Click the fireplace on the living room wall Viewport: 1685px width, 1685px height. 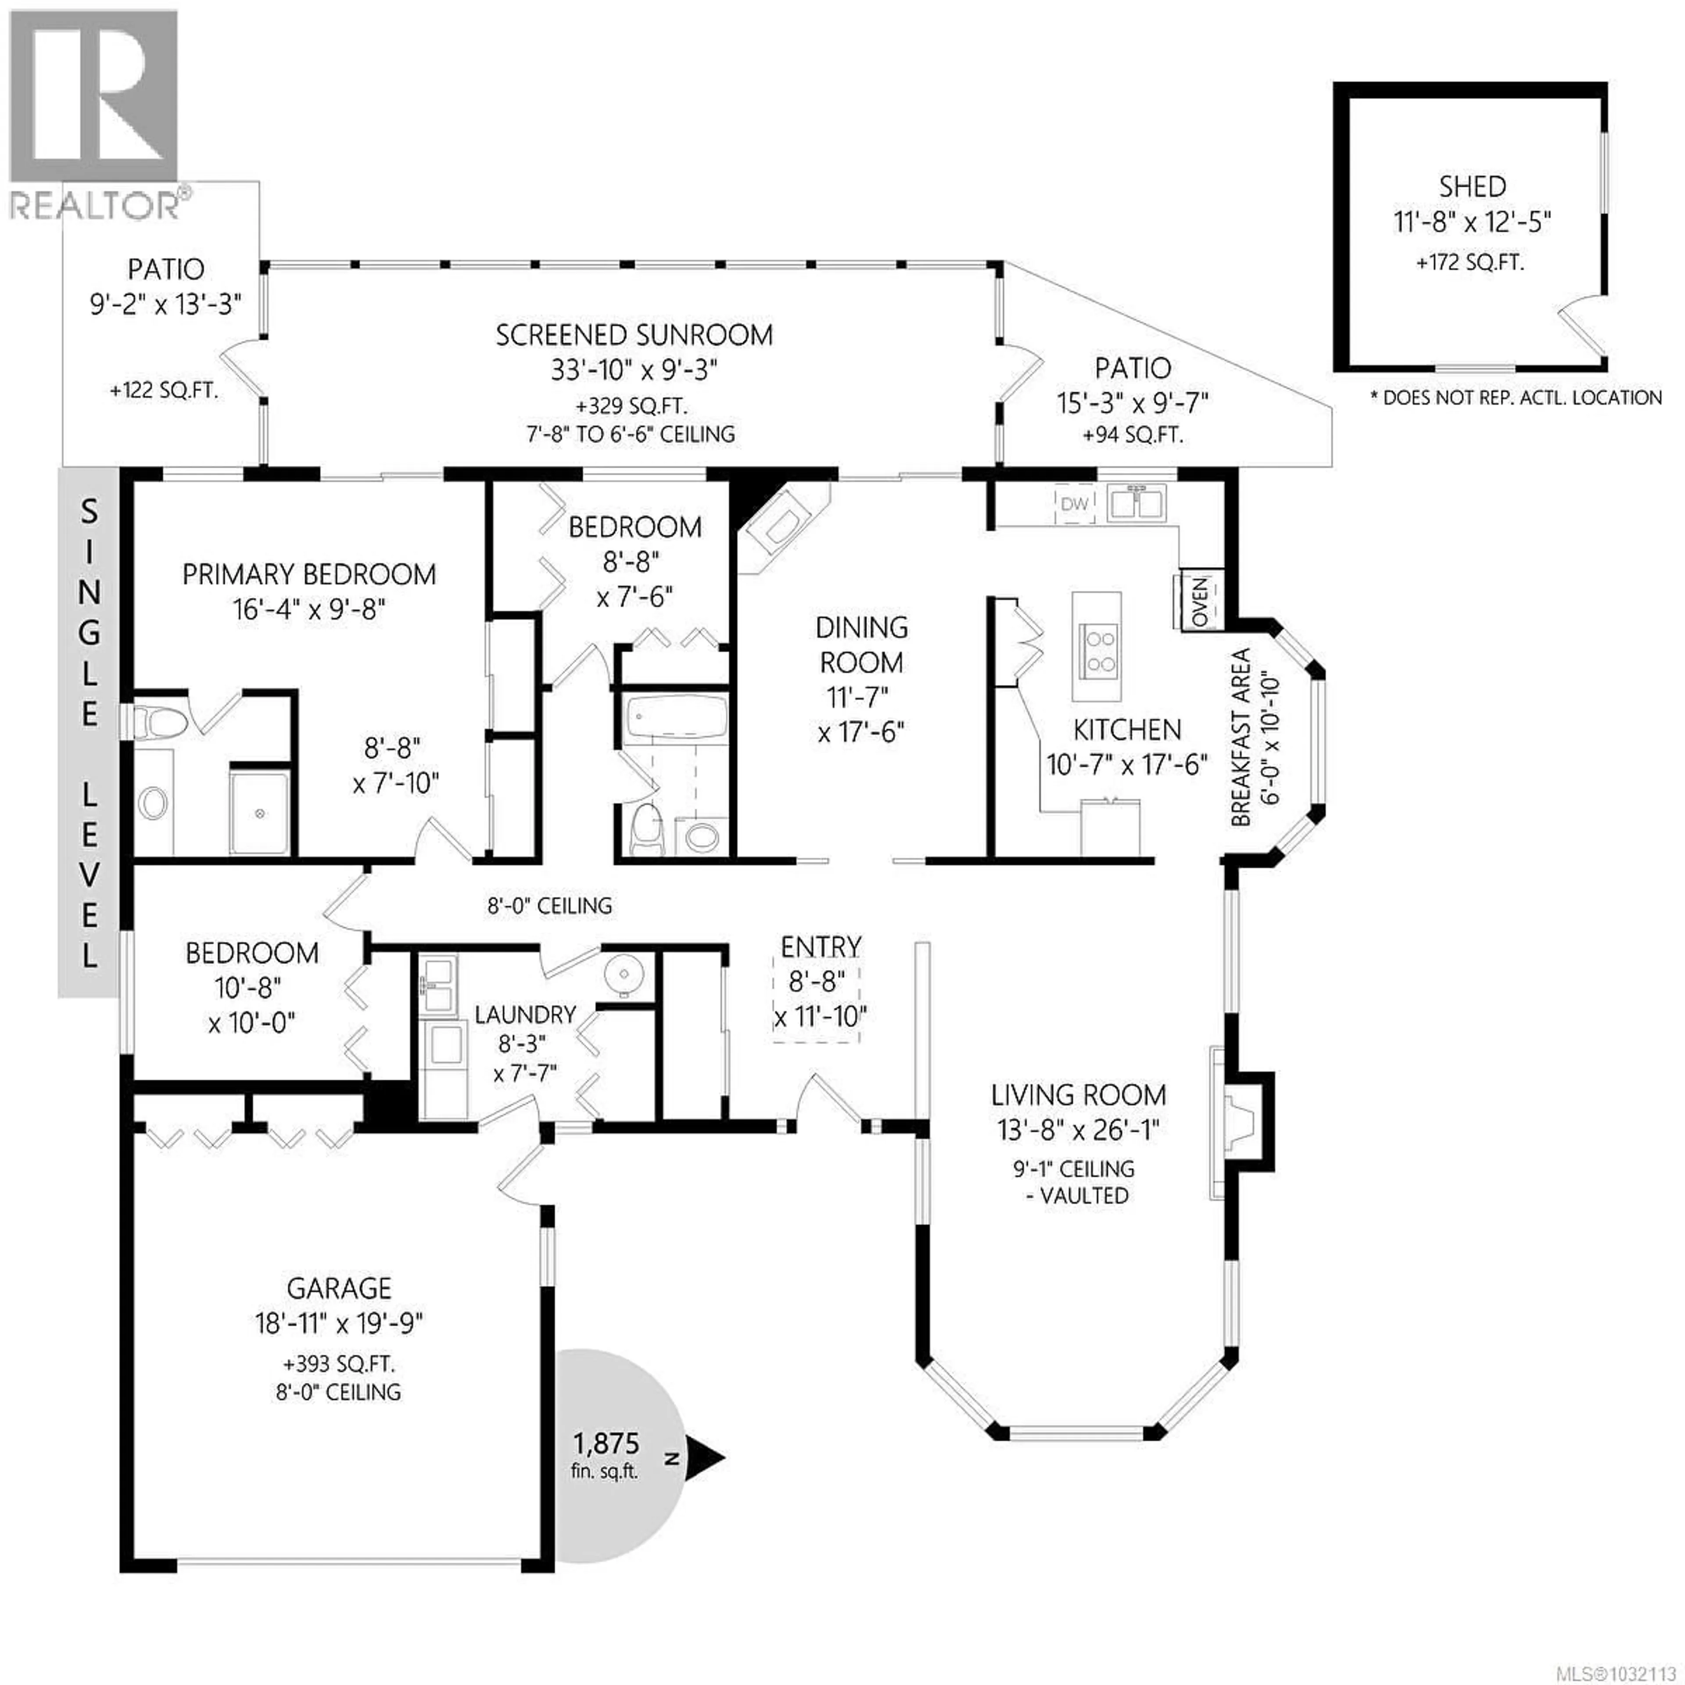point(1238,1121)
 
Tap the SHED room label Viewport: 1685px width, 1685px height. point(1472,186)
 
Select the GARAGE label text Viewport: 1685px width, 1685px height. point(339,1288)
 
